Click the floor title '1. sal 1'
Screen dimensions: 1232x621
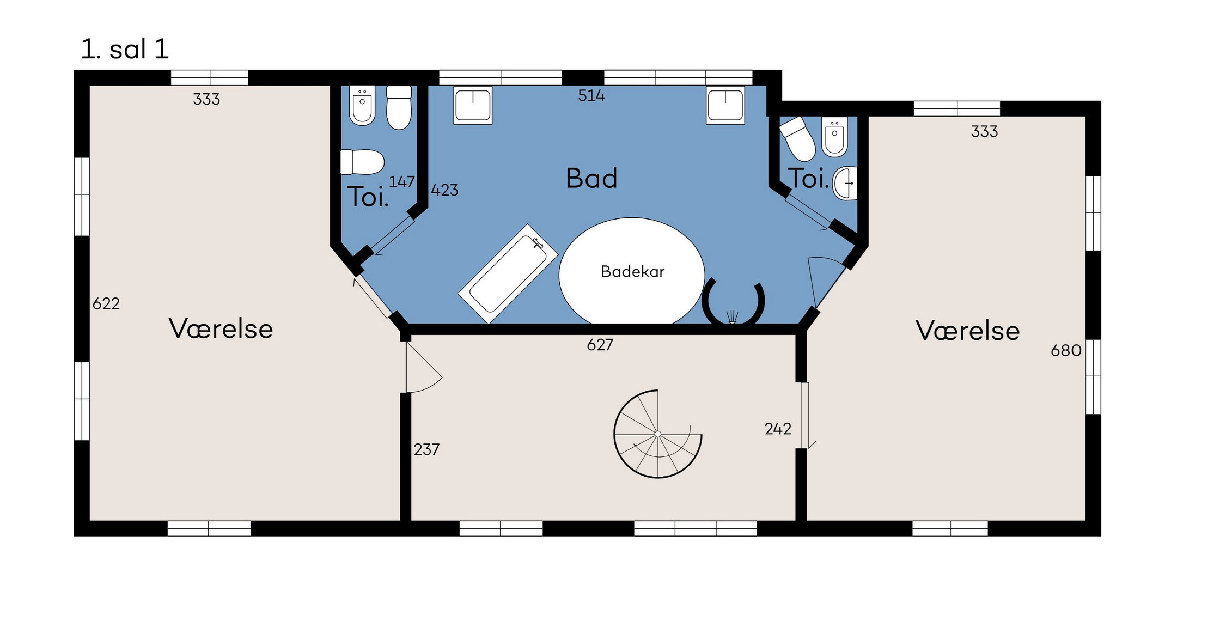point(125,49)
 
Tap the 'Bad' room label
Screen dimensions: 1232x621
point(591,178)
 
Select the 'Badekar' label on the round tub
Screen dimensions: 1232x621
point(632,271)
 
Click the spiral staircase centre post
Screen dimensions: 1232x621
point(658,434)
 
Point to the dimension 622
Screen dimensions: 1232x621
point(106,303)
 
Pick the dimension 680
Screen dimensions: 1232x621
point(1066,350)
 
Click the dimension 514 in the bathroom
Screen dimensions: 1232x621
point(591,96)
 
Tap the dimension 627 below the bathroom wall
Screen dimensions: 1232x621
point(600,345)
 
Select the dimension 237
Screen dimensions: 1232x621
point(426,449)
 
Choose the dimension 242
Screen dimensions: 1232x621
point(778,429)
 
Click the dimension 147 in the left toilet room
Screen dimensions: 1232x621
point(402,182)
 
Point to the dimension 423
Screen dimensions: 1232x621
point(444,190)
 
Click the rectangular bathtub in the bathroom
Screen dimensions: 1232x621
point(508,274)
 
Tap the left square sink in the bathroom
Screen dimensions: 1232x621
point(473,105)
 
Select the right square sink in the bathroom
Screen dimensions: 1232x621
point(725,105)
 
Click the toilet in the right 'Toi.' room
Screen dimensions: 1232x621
point(798,138)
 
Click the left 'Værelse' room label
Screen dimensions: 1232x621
point(221,329)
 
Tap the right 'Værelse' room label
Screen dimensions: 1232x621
point(967,331)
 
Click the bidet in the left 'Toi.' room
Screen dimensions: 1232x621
point(362,105)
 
